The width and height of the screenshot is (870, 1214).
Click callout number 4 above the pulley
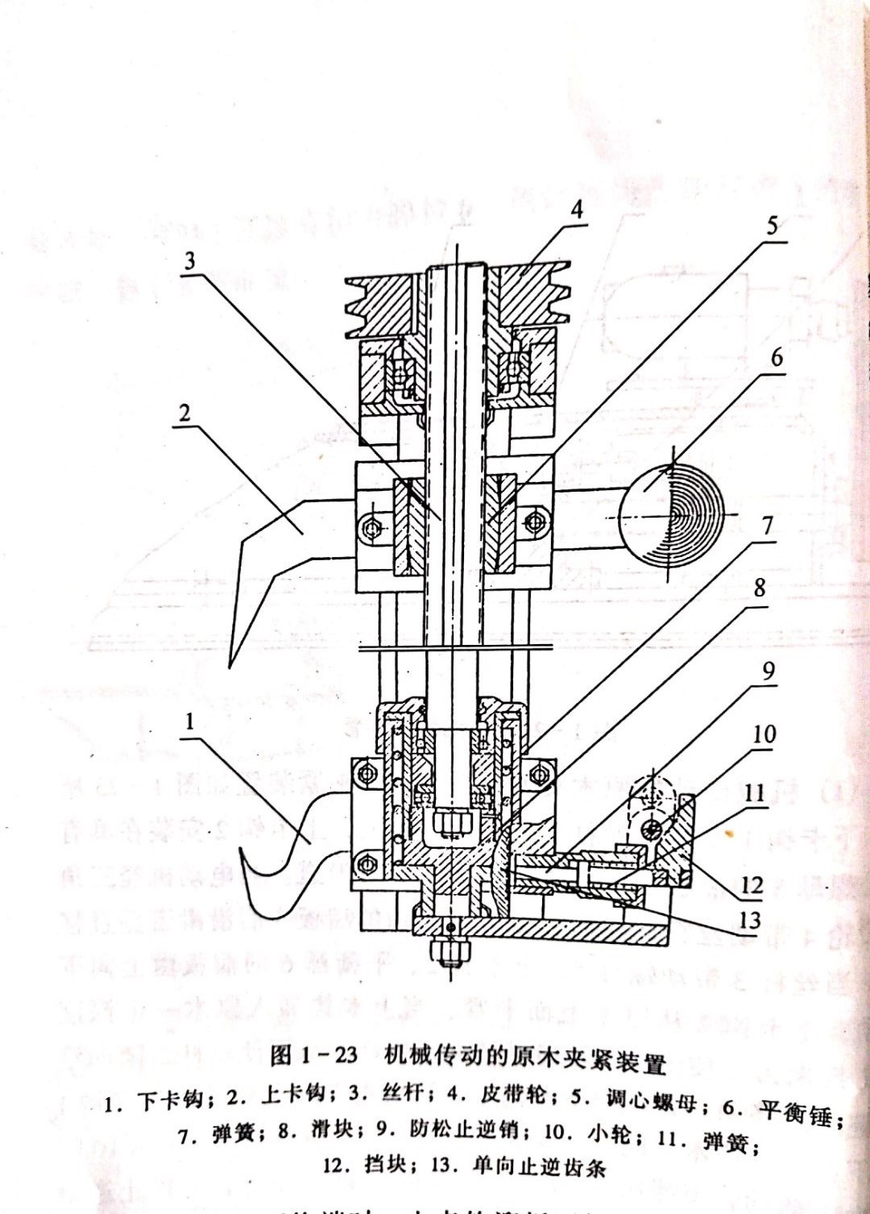tap(576, 210)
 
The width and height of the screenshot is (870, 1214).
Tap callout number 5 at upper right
tap(772, 227)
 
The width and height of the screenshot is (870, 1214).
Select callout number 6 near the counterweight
tap(776, 357)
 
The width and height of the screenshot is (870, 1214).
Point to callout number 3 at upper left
tap(189, 261)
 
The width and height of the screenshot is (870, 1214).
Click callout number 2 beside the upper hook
tap(184, 414)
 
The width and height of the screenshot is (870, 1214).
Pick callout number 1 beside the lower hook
tap(190, 721)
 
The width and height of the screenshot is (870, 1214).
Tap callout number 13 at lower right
tap(749, 919)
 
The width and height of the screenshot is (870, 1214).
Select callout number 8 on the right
tap(759, 588)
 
